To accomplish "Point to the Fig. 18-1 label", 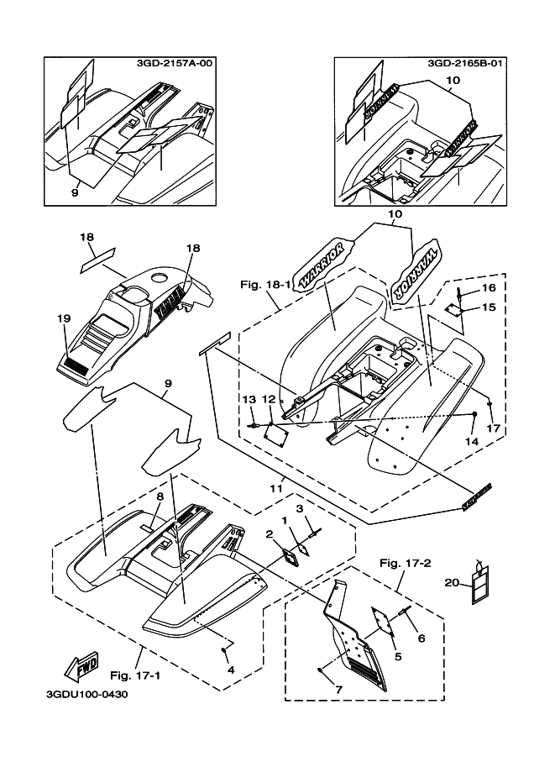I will (266, 284).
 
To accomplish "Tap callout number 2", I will (270, 533).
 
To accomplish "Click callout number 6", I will (421, 638).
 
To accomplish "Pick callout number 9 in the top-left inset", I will (74, 192).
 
